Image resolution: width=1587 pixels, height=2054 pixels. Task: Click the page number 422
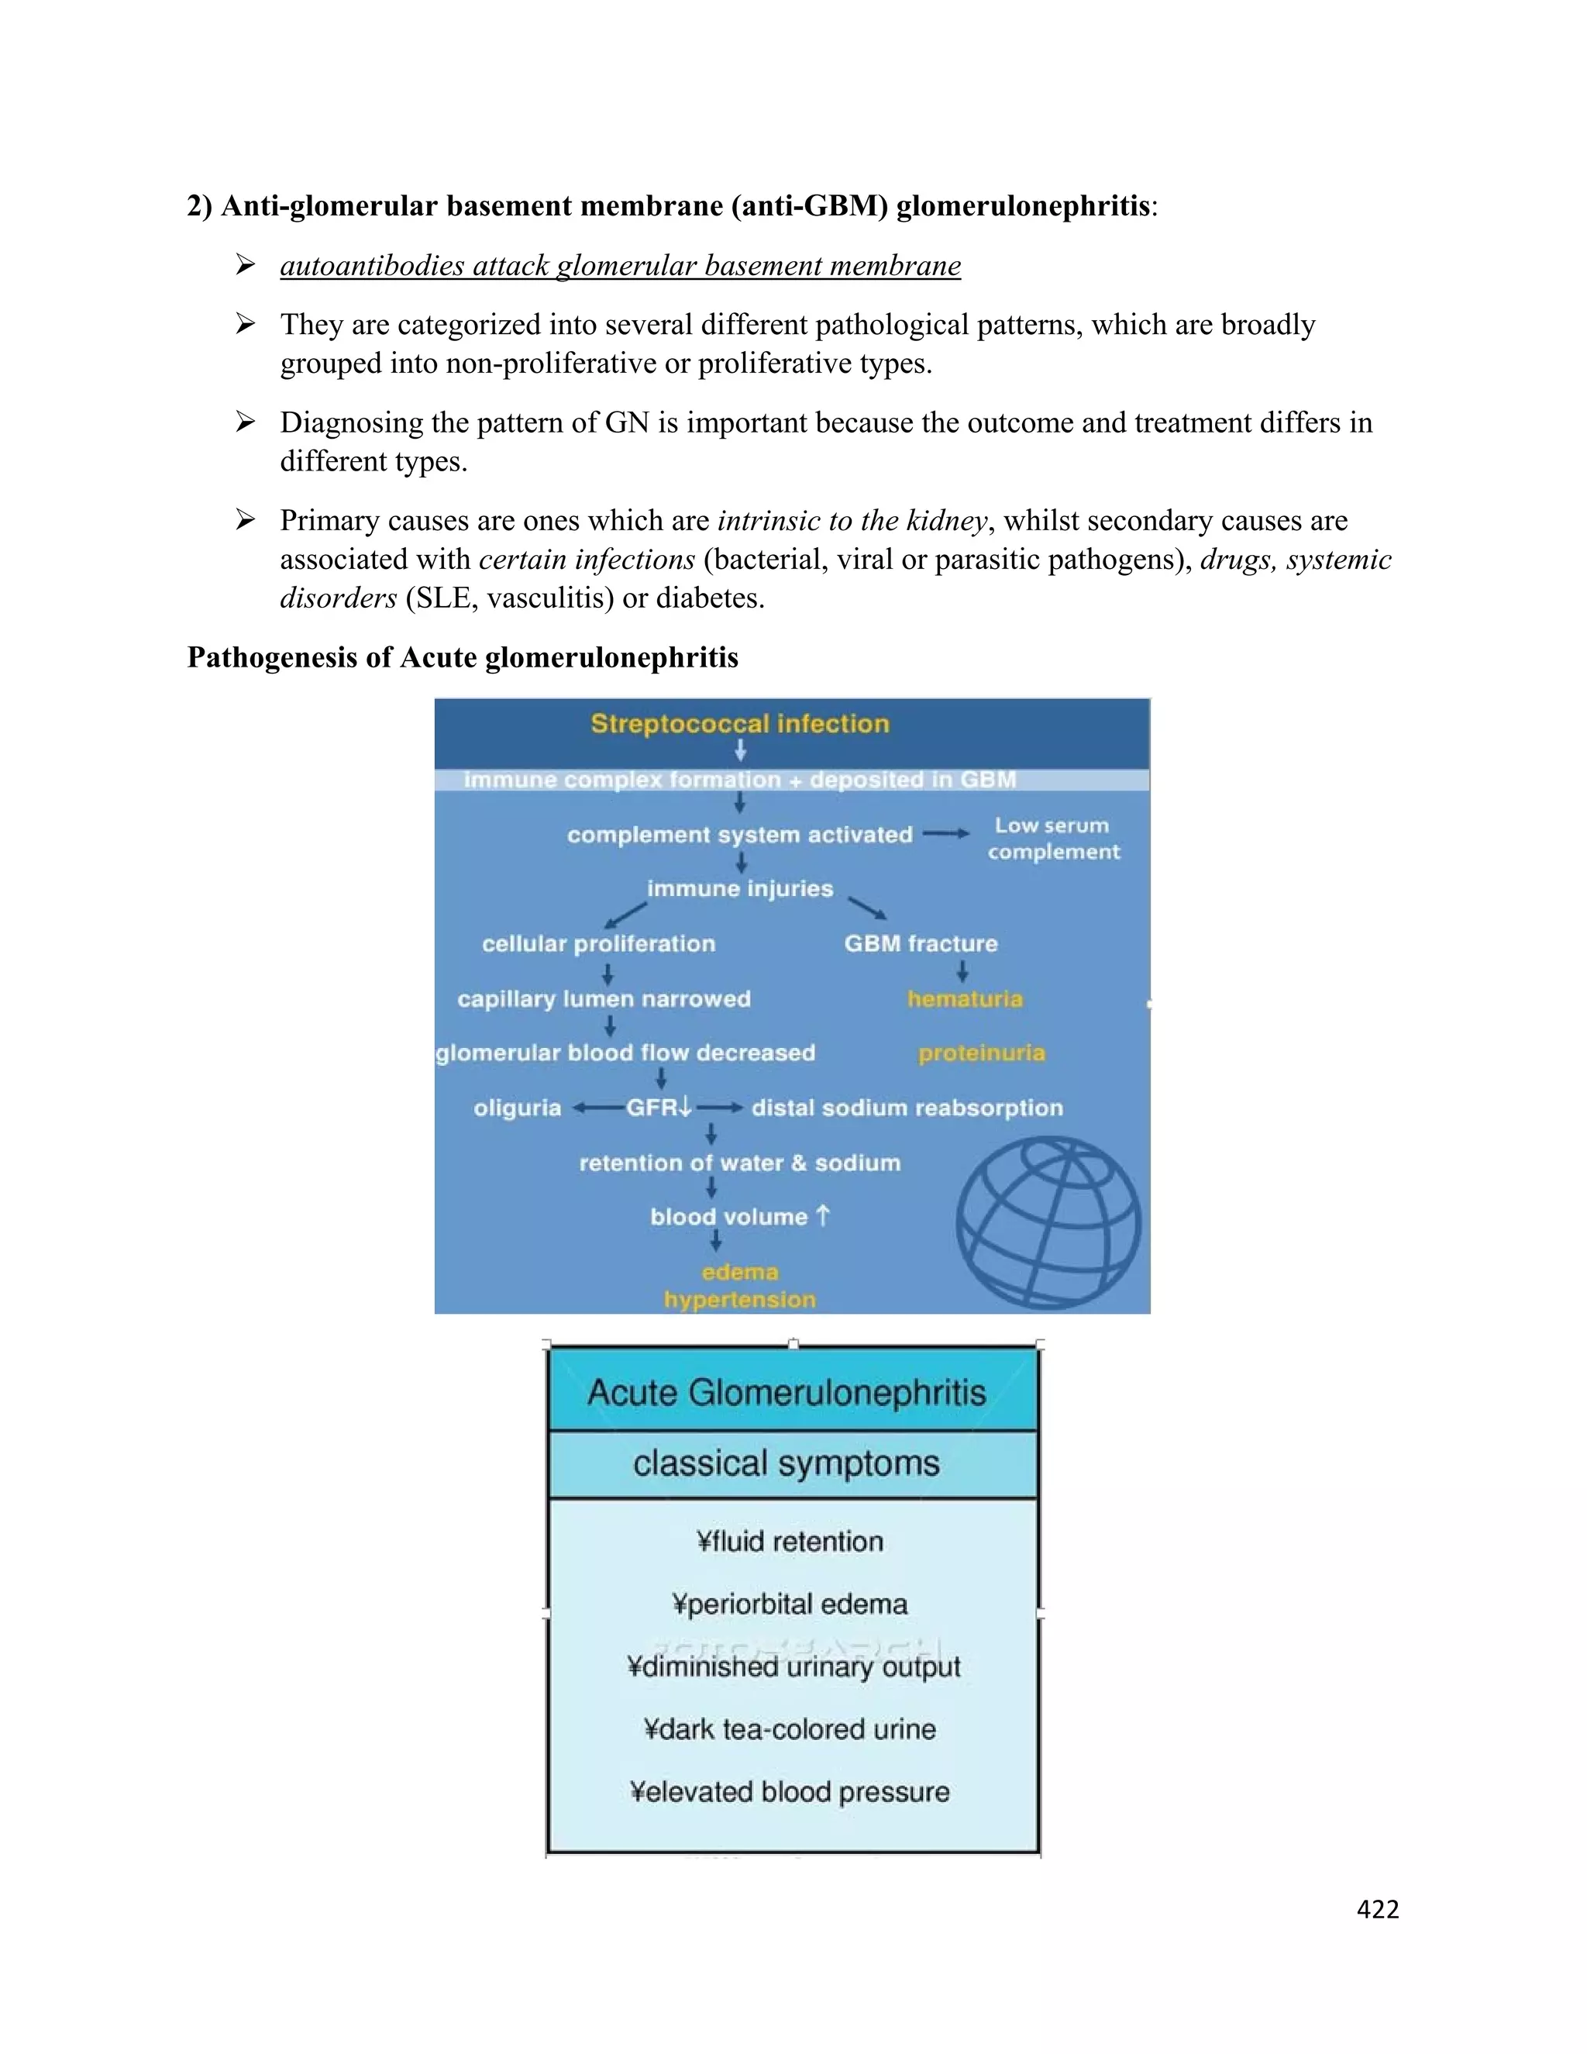1377,1909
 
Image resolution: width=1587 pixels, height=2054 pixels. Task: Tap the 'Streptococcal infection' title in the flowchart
740,723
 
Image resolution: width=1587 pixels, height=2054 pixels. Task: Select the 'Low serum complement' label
1053,838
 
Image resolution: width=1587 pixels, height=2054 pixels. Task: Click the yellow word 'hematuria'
965,999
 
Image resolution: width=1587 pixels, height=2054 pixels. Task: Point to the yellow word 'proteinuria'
982,1053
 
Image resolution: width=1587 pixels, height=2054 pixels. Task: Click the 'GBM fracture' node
921,943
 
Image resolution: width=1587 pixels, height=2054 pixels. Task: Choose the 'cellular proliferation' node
599,943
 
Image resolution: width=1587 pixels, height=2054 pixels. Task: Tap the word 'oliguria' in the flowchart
517,1108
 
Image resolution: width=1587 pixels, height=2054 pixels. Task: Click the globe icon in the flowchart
1048,1222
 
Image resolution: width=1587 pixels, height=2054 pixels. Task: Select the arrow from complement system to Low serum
946,833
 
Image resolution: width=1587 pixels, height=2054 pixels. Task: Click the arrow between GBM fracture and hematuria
962,970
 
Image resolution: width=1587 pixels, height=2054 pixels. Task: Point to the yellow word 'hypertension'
740,1300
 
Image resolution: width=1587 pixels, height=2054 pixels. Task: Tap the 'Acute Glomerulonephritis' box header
788,1393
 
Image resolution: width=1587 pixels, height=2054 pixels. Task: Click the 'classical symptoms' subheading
787,1463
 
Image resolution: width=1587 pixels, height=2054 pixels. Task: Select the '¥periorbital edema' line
790,1604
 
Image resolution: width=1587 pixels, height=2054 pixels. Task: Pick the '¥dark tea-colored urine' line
790,1728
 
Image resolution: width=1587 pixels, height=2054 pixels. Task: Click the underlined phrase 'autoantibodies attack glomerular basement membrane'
621,266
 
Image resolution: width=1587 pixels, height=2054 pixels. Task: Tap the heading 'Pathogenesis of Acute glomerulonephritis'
463,657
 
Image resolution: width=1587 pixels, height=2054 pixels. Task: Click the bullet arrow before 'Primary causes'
246,520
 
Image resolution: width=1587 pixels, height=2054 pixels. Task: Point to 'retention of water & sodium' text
740,1163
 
